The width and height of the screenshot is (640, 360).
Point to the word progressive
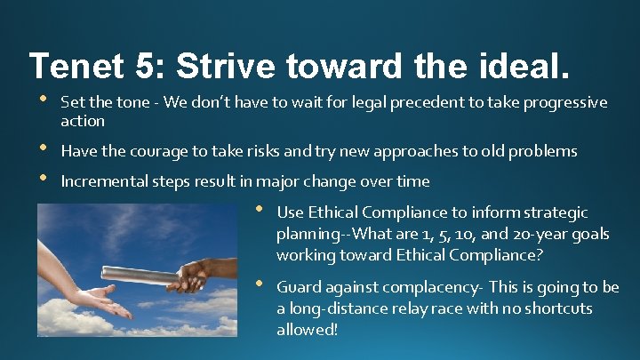pos(565,103)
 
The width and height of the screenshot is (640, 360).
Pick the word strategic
pos(555,212)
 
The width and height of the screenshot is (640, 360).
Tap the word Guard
pos(298,287)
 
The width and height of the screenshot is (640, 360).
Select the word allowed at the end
pos(306,330)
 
